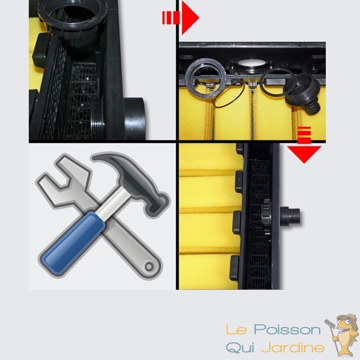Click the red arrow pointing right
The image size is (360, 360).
[181, 18]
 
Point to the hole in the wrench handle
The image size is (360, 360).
[149, 266]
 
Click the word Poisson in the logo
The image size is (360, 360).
[287, 330]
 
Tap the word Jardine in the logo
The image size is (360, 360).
[293, 347]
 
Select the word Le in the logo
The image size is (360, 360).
[237, 330]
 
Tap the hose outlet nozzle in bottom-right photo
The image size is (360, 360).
[290, 215]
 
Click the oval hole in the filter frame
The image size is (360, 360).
[252, 63]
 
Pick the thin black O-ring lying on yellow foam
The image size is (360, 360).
[229, 94]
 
